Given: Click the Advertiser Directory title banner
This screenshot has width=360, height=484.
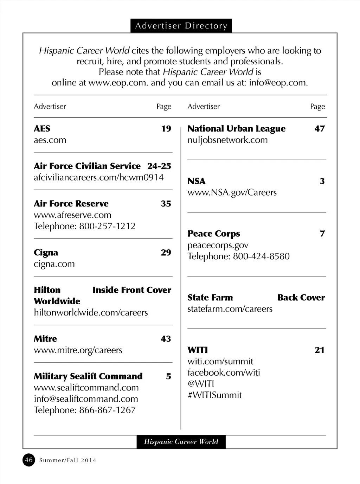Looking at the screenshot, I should [x=181, y=26].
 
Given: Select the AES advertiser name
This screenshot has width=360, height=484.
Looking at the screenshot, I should [x=42, y=129].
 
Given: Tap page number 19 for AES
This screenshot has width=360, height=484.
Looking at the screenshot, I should [x=166, y=129].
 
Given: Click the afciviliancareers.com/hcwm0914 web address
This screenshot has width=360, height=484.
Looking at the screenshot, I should [x=98, y=177].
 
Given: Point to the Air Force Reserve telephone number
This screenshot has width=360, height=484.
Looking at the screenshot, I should [x=107, y=226].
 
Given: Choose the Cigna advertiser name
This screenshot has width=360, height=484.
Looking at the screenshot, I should [x=46, y=253].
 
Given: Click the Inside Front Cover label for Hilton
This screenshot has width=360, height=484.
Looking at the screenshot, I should [x=132, y=290].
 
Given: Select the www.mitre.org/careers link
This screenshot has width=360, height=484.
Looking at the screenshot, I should [x=78, y=350].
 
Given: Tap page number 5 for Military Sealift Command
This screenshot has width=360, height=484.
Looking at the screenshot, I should [x=168, y=376].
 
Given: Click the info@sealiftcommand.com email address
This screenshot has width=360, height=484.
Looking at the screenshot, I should [x=86, y=399].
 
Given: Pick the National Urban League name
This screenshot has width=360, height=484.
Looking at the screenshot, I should [x=236, y=129].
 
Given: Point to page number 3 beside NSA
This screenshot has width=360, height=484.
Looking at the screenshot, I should [x=322, y=181].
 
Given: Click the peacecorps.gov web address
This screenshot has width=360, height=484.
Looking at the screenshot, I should [x=218, y=245].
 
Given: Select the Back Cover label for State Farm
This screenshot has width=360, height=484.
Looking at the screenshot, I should [x=301, y=298].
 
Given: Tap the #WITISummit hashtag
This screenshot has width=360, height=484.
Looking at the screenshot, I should [x=214, y=395].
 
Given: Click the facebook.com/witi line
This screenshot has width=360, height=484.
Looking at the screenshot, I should [x=224, y=372].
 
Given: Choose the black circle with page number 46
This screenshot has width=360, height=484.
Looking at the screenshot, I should [x=29, y=460].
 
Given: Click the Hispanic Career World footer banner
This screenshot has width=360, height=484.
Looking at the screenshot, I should [x=181, y=442].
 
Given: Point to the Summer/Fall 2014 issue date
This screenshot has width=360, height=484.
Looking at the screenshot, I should [x=68, y=460].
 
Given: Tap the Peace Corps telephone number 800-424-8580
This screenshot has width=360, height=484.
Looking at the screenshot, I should [x=261, y=256].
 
